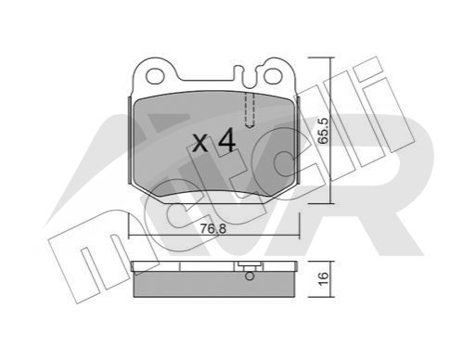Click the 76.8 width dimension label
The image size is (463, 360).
point(213,229)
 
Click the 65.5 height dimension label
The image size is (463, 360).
point(324,131)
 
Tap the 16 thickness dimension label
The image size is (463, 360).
point(323,278)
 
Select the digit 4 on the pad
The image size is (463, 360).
point(226,141)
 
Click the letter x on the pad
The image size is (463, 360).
point(200,143)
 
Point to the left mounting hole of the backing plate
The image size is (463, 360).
point(155,76)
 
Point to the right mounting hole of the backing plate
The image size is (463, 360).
point(273,76)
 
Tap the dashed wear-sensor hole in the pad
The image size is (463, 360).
point(250,110)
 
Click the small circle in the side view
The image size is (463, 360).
point(250,276)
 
